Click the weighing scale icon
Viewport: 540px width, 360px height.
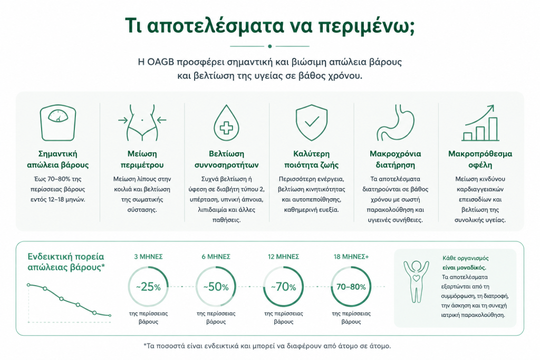pos(58,123)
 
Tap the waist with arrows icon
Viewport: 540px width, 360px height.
pos(142,123)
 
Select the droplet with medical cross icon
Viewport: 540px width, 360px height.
pos(226,123)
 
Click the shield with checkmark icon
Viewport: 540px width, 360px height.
pos(311,123)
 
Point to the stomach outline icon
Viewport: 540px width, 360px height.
pos(396,123)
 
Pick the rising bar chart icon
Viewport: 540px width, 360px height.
pos(480,123)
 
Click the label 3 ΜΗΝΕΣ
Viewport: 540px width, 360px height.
pos(148,257)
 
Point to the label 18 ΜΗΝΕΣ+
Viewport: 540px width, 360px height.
pos(351,257)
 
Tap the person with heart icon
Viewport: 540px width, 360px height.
pos(417,282)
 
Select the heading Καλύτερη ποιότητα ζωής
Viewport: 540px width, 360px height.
pos(311,159)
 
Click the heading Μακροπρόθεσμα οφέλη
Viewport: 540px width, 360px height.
pos(480,159)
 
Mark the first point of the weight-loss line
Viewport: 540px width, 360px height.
pos(28,285)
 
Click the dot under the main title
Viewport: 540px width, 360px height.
pos(269,46)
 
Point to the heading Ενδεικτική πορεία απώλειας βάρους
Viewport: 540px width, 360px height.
pos(66,262)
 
